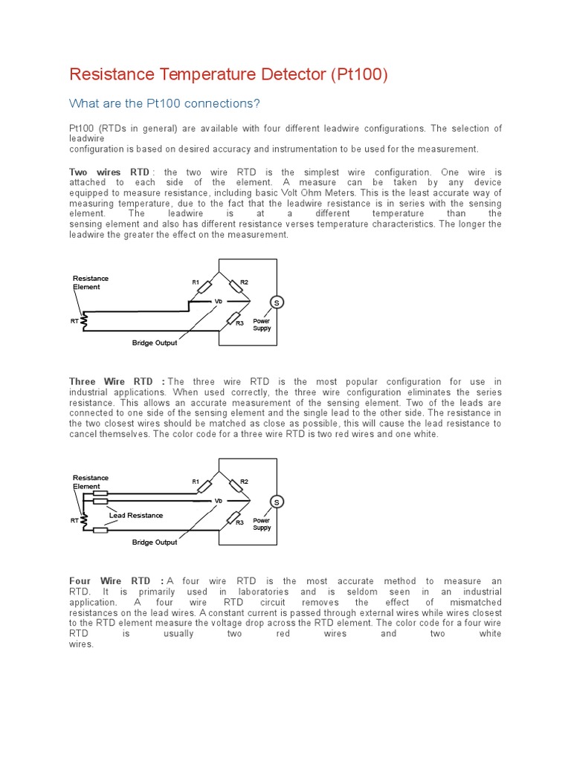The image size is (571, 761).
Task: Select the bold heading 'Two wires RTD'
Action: coord(109,172)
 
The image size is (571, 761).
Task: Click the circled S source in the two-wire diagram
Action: coord(277,302)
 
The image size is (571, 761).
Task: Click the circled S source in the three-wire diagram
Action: coord(277,502)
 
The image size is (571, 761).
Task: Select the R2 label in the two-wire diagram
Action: coord(244,282)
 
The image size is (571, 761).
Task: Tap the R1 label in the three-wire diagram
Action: coord(196,482)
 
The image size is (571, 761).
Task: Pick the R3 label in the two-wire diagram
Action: coord(239,323)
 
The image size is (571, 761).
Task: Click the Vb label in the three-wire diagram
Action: coord(219,501)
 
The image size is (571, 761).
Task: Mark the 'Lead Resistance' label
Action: coord(135,515)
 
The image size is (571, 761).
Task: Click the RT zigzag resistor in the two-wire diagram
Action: coord(84,321)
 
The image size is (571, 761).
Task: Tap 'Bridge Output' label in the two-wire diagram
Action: coord(155,343)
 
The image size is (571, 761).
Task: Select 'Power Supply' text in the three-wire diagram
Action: coord(262,524)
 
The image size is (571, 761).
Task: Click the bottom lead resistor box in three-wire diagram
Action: coord(100,530)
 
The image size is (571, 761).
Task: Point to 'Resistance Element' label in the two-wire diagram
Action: coord(90,282)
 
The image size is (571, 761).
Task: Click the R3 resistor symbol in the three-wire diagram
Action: coord(234,516)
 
